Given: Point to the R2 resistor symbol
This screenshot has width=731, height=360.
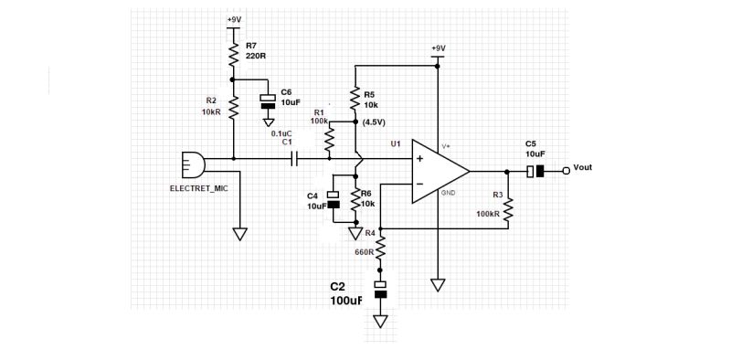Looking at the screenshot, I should [x=234, y=108].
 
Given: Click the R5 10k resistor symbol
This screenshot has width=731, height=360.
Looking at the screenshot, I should [x=355, y=98].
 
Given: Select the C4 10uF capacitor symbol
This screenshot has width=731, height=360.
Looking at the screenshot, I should [x=334, y=199].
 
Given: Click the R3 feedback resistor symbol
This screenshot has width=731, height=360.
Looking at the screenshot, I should [x=508, y=209].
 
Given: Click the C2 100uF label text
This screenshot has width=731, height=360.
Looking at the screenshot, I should [x=346, y=293].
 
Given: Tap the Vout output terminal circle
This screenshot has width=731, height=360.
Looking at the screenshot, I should [x=567, y=171].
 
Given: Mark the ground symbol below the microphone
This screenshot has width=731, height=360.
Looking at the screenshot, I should [x=240, y=234].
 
